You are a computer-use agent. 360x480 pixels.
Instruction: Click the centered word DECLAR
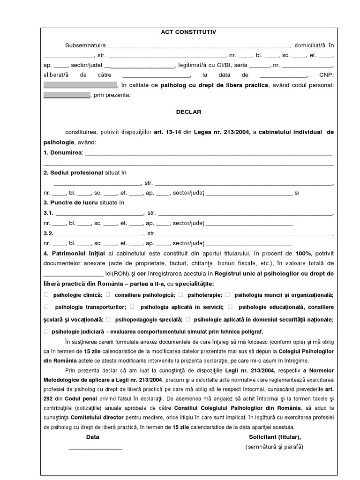point(188,112)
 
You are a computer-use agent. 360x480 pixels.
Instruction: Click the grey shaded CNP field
point(80,85)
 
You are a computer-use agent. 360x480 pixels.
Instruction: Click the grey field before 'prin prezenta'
point(67,95)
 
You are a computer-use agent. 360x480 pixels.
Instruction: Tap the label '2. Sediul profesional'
point(73,172)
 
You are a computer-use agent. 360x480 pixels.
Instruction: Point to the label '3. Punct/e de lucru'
point(71,202)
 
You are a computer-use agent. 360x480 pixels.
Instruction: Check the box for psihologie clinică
point(46,295)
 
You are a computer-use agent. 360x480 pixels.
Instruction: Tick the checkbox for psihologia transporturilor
point(46,307)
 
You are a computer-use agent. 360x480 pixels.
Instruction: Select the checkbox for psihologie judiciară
point(46,331)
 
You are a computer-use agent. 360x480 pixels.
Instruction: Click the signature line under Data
point(96,448)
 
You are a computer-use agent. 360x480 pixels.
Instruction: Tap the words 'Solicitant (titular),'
point(275,437)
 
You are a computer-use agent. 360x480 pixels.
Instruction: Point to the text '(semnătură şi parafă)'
point(274,447)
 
